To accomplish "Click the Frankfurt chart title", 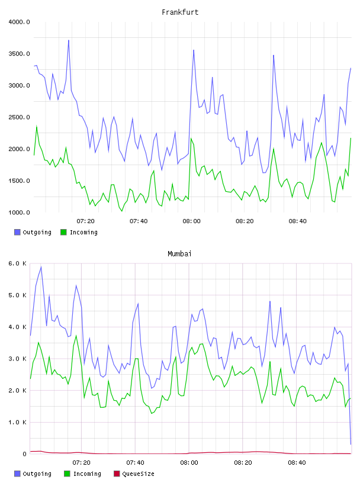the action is point(180,12).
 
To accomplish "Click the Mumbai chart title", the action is point(179,254).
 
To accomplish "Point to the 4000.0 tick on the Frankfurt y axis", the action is point(19,22).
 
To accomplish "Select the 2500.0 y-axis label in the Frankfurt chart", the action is point(19,117).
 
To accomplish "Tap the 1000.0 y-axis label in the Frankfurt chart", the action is point(19,212).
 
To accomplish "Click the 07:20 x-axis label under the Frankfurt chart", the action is point(85,221).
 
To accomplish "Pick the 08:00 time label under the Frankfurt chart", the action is point(191,221).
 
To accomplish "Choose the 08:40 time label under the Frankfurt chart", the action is point(297,221).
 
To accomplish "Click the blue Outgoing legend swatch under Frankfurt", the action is point(17,232).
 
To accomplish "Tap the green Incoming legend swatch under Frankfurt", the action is point(63,232).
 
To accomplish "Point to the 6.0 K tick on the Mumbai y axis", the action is point(17,263).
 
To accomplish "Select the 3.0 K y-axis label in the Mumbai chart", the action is point(17,359).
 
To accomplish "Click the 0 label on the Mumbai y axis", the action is point(24,454).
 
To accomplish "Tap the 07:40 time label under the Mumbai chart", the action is point(135,463).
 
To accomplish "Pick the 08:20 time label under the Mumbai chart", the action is point(243,463).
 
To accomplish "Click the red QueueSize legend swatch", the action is point(117,474).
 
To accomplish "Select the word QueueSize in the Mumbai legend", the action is point(138,474).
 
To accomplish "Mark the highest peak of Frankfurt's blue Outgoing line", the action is point(69,40).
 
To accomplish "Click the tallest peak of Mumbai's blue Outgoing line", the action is point(41,267).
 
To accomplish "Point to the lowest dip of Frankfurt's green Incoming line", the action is point(122,211).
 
